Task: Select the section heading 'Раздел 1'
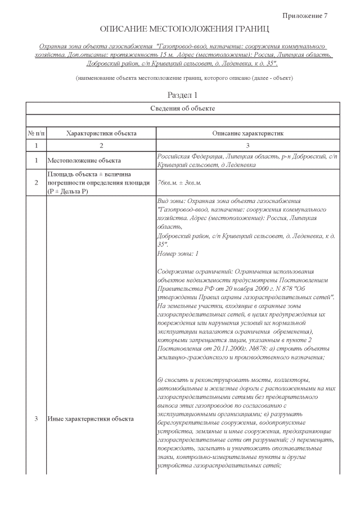click(183, 95)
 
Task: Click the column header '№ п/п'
click(37, 133)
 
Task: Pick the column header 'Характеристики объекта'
click(101, 133)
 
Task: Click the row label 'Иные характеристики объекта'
click(91, 419)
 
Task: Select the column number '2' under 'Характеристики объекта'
click(101, 146)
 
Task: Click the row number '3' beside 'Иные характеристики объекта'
click(37, 419)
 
